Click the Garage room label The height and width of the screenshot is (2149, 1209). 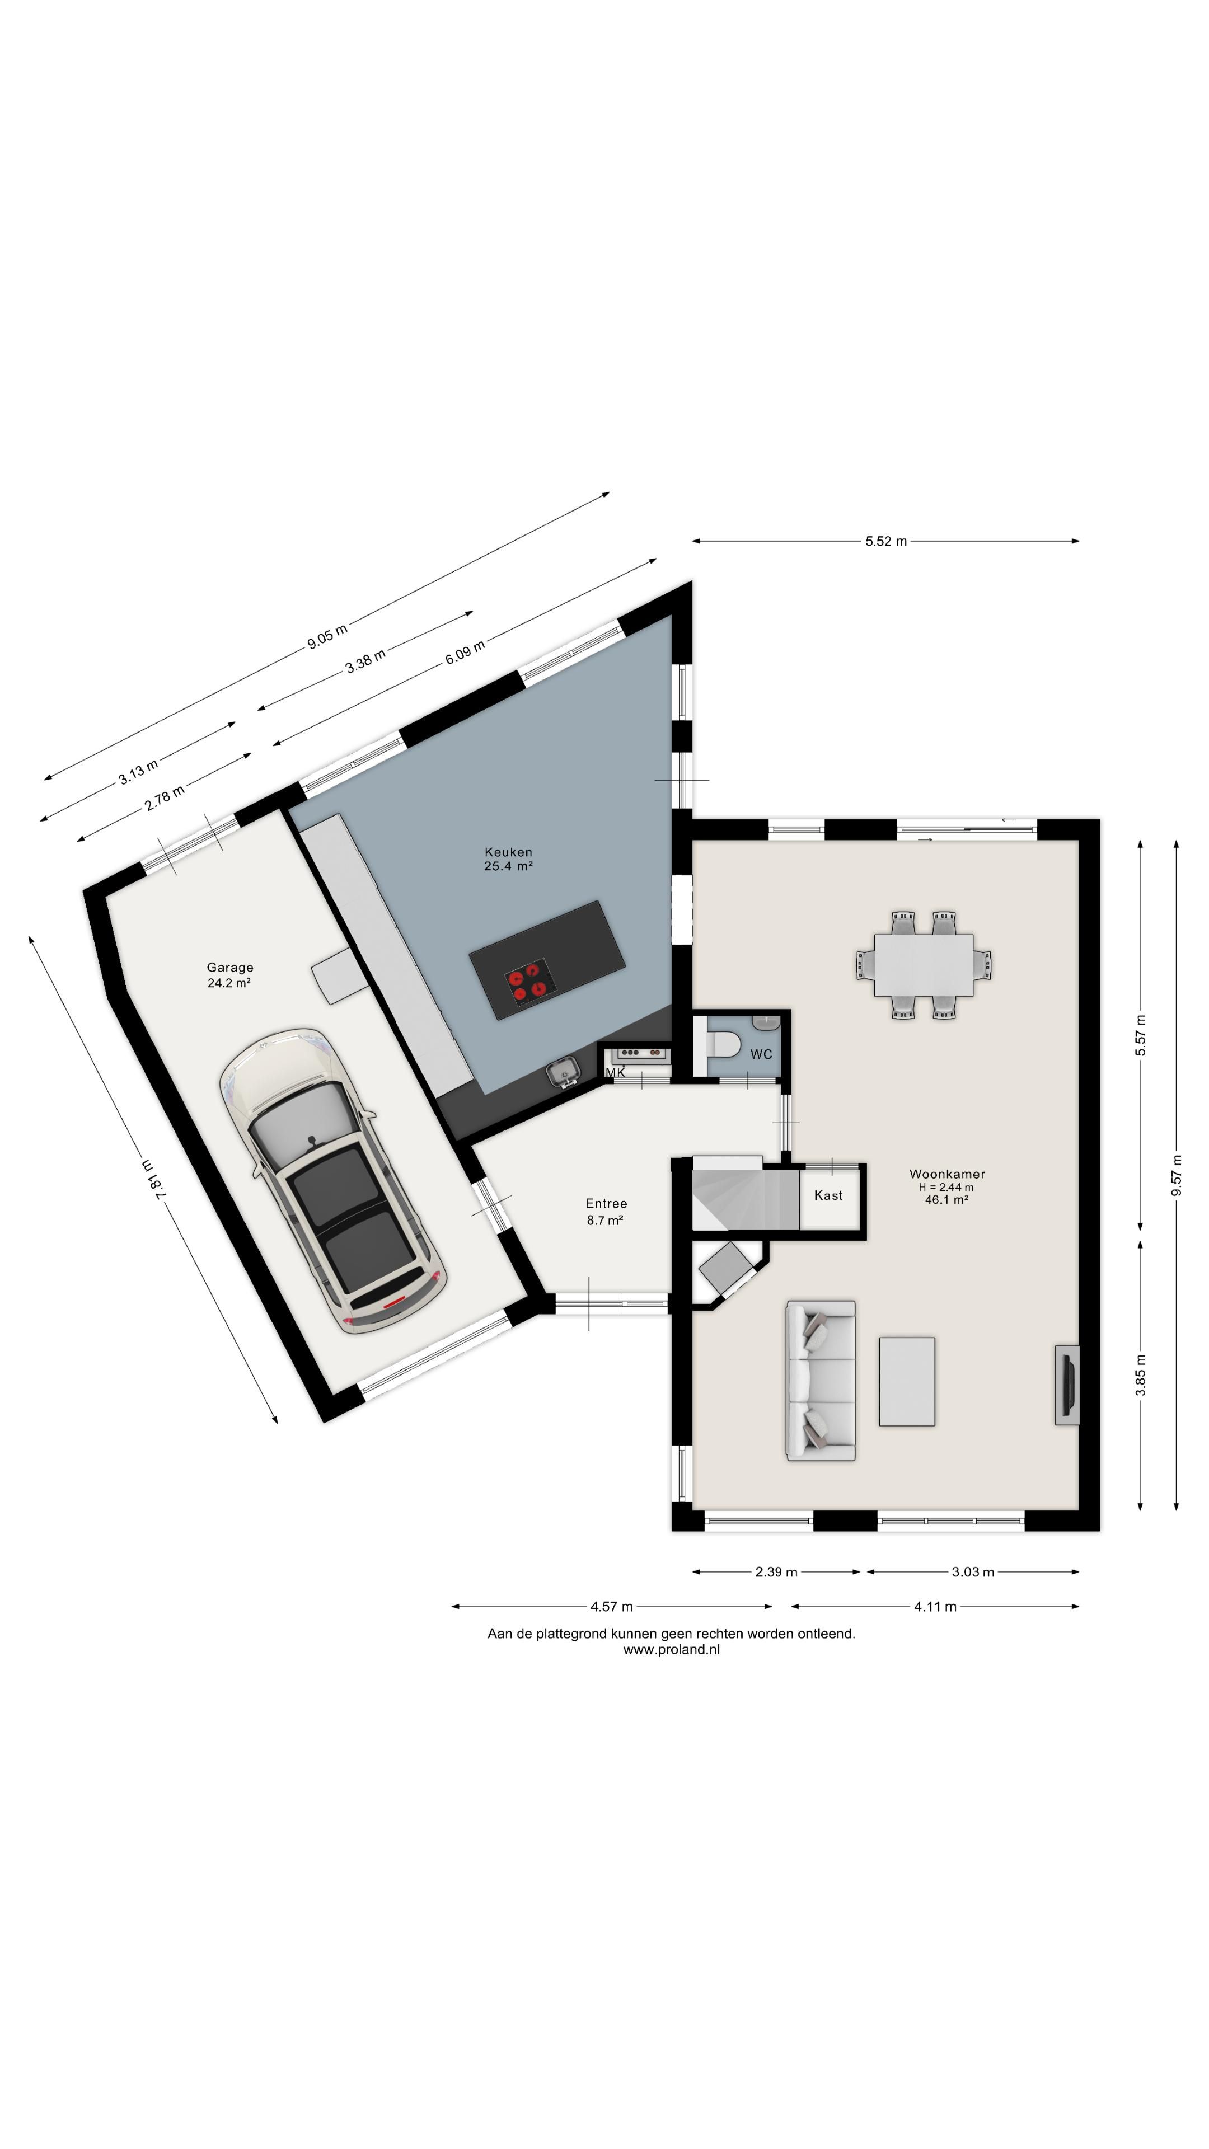[x=229, y=968]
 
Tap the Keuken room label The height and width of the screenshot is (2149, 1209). [x=508, y=852]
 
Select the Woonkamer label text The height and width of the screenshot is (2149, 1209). [x=947, y=1174]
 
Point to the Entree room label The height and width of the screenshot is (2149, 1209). [x=606, y=1203]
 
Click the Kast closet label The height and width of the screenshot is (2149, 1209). [x=828, y=1195]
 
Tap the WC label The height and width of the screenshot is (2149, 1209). [x=761, y=1054]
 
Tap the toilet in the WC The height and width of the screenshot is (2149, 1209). [x=723, y=1044]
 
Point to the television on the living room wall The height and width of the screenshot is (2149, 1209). [x=1067, y=1385]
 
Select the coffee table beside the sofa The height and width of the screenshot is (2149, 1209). [x=907, y=1382]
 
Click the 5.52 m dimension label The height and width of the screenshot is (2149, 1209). [x=885, y=541]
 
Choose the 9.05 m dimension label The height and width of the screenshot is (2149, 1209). [x=327, y=636]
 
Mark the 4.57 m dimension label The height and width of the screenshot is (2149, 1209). [x=612, y=1607]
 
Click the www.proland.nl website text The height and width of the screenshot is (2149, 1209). [x=671, y=1649]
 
